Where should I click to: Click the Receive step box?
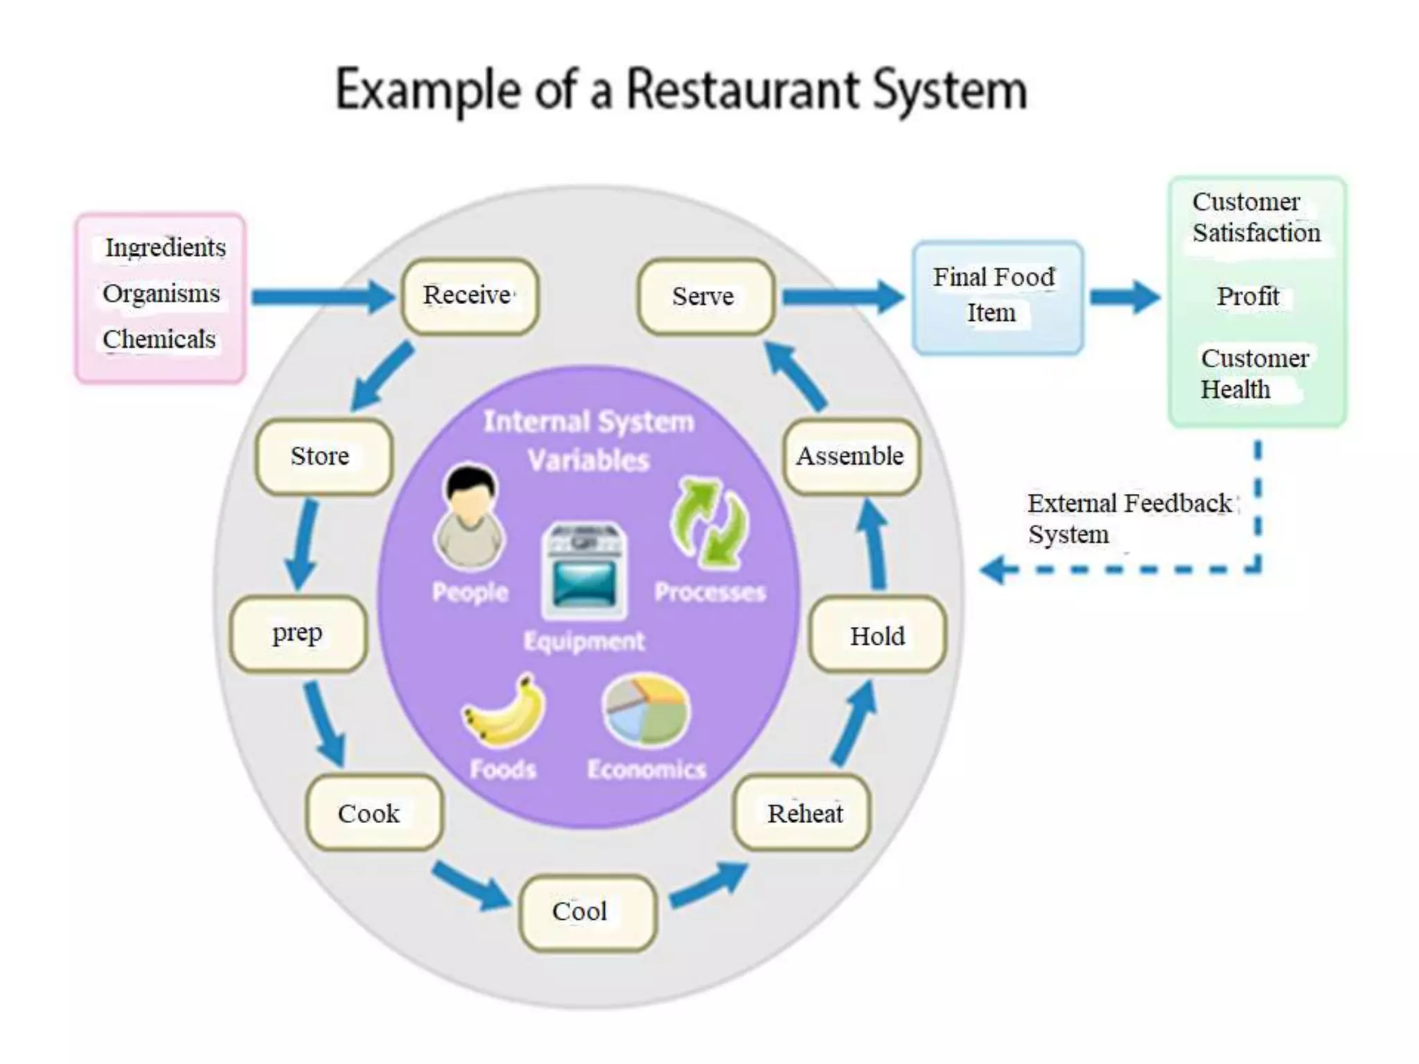point(470,296)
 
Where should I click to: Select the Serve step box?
point(705,296)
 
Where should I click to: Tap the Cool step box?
point(587,912)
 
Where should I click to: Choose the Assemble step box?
point(852,456)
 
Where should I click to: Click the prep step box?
point(299,634)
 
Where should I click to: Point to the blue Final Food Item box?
point(997,296)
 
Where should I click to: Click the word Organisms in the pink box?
point(161,294)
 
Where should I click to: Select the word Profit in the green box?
point(1248,296)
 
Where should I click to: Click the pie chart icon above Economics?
point(646,711)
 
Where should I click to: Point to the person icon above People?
point(470,516)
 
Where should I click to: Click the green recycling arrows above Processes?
point(709,524)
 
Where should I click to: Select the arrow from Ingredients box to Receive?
point(322,296)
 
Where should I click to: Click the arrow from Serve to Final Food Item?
point(843,296)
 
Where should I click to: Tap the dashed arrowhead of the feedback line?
point(995,570)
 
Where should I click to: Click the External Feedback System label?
point(1128,518)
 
